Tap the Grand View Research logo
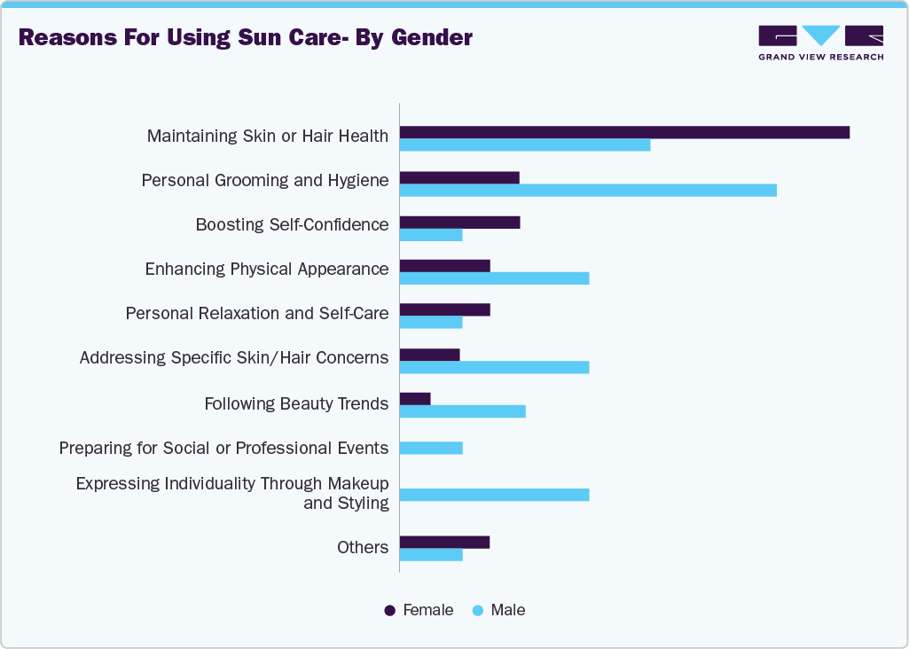820,43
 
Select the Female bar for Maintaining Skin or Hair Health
624,132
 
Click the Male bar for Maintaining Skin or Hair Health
525,145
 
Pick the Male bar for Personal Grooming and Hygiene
588,191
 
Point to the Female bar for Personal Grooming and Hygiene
459,177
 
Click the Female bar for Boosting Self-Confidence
459,222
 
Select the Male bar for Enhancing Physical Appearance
494,278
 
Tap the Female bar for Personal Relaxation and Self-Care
444,309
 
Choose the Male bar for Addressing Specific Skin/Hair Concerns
494,367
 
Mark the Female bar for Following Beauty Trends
415,399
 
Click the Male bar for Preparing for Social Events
431,448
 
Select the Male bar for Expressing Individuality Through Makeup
494,495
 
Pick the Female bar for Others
444,543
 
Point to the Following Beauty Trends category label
296,403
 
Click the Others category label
363,547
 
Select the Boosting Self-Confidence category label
292,224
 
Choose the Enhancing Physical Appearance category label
267,269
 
